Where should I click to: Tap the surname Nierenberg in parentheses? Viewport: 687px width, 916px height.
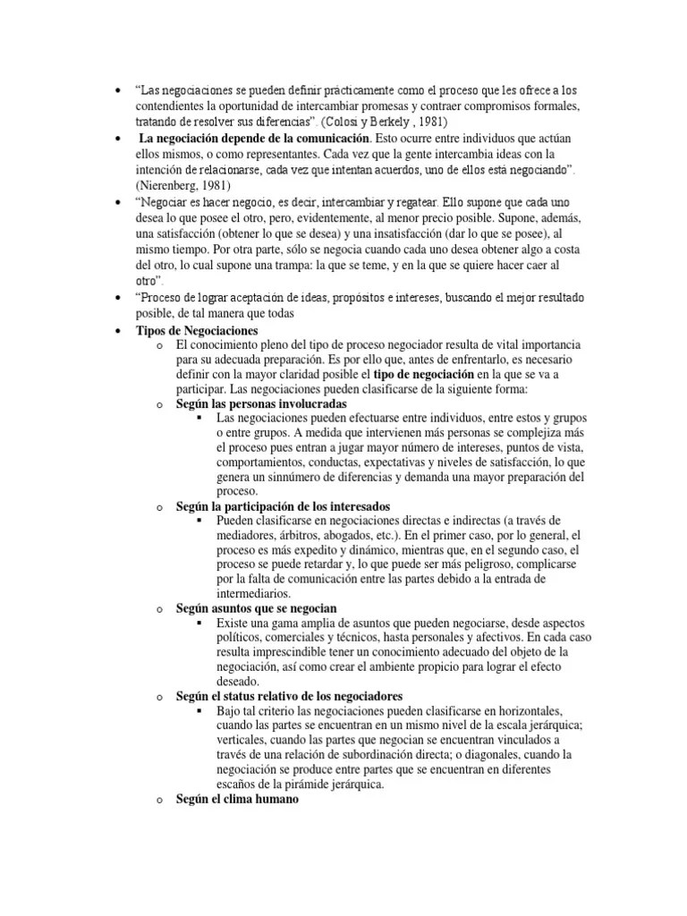(x=170, y=185)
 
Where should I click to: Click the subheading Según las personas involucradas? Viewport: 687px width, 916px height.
(x=249, y=403)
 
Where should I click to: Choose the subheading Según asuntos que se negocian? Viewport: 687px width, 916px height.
(x=256, y=607)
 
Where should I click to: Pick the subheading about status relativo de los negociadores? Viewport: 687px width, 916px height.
(x=289, y=695)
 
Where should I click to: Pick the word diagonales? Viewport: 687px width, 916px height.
(x=513, y=753)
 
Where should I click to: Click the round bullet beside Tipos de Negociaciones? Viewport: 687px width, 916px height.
(x=117, y=331)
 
